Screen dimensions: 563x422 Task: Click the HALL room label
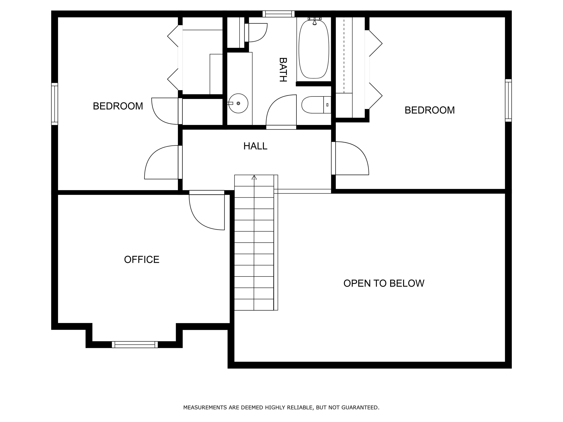coord(255,146)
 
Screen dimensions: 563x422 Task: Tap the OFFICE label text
coord(142,259)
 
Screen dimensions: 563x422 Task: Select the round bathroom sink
coord(238,103)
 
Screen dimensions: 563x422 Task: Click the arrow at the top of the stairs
coord(254,177)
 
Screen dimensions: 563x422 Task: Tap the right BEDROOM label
coord(430,110)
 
